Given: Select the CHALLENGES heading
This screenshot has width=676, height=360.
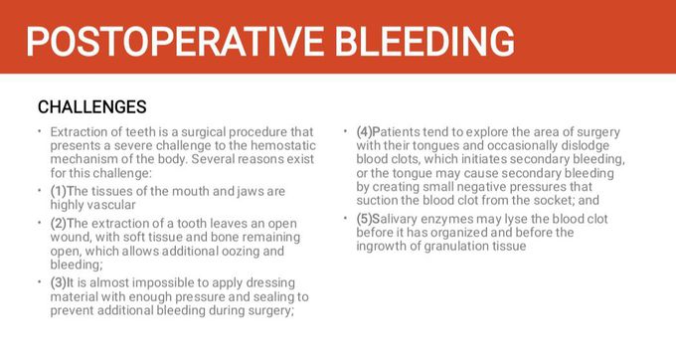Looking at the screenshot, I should tap(91, 106).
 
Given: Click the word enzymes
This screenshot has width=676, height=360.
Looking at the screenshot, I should tap(453, 218).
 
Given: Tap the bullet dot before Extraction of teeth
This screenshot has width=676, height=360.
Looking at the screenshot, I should tap(40, 132).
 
